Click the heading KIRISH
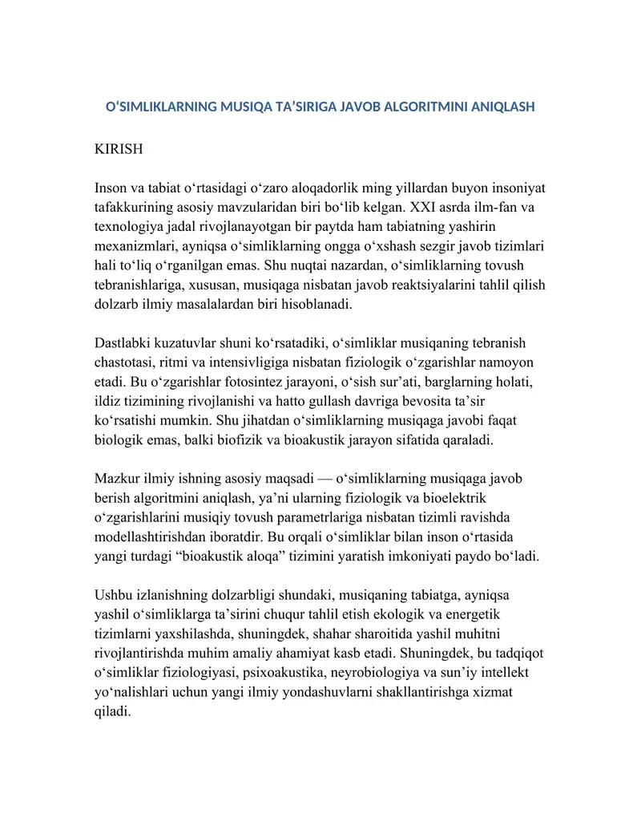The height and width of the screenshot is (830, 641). (119, 149)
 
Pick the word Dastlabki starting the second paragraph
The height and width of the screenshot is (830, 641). (123, 343)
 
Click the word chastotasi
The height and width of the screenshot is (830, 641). (127, 362)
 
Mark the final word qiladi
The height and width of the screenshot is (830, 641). (112, 711)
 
